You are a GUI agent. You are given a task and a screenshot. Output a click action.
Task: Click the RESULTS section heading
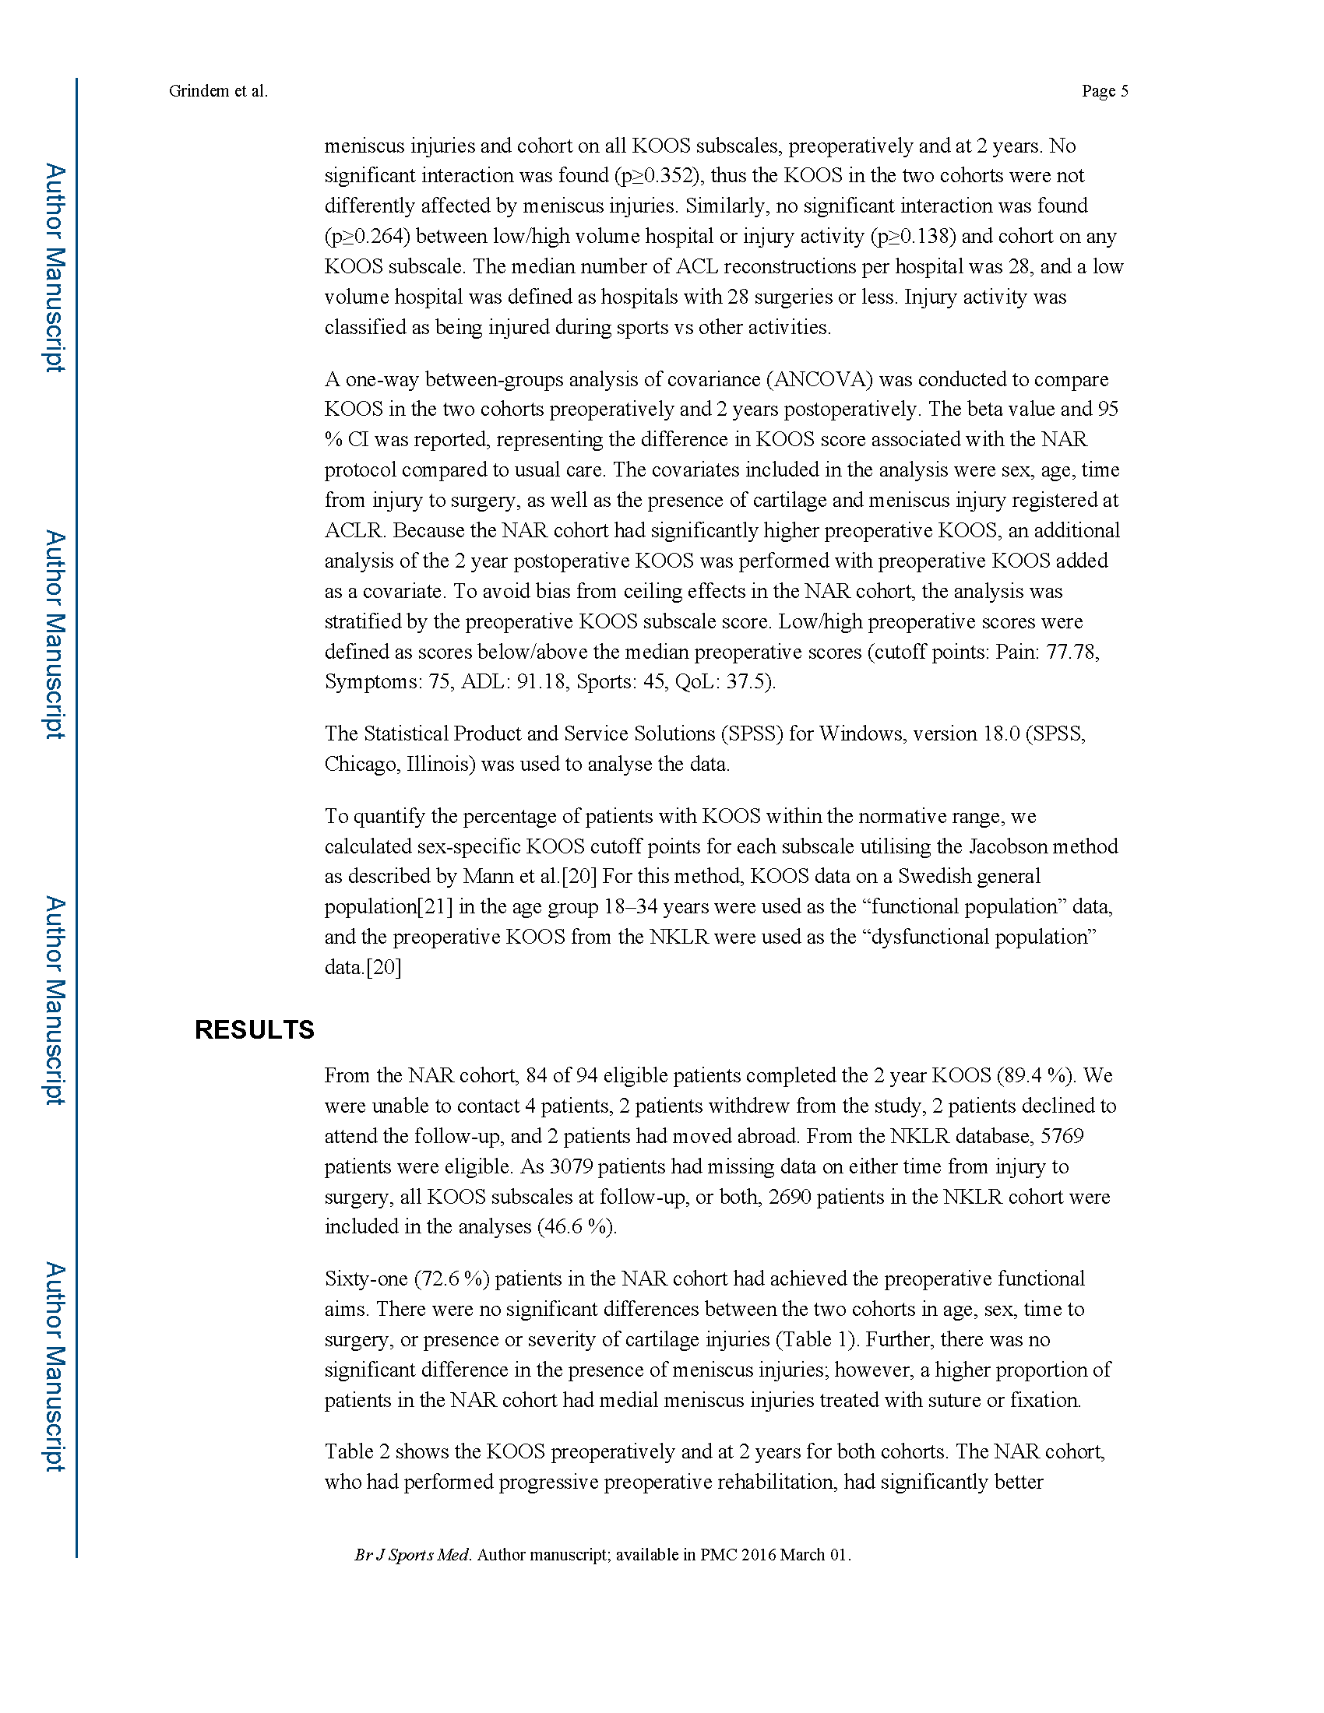(254, 1030)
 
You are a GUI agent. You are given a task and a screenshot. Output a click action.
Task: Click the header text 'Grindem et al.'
(218, 91)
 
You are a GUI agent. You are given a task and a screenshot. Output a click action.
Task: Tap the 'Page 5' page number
(1104, 91)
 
